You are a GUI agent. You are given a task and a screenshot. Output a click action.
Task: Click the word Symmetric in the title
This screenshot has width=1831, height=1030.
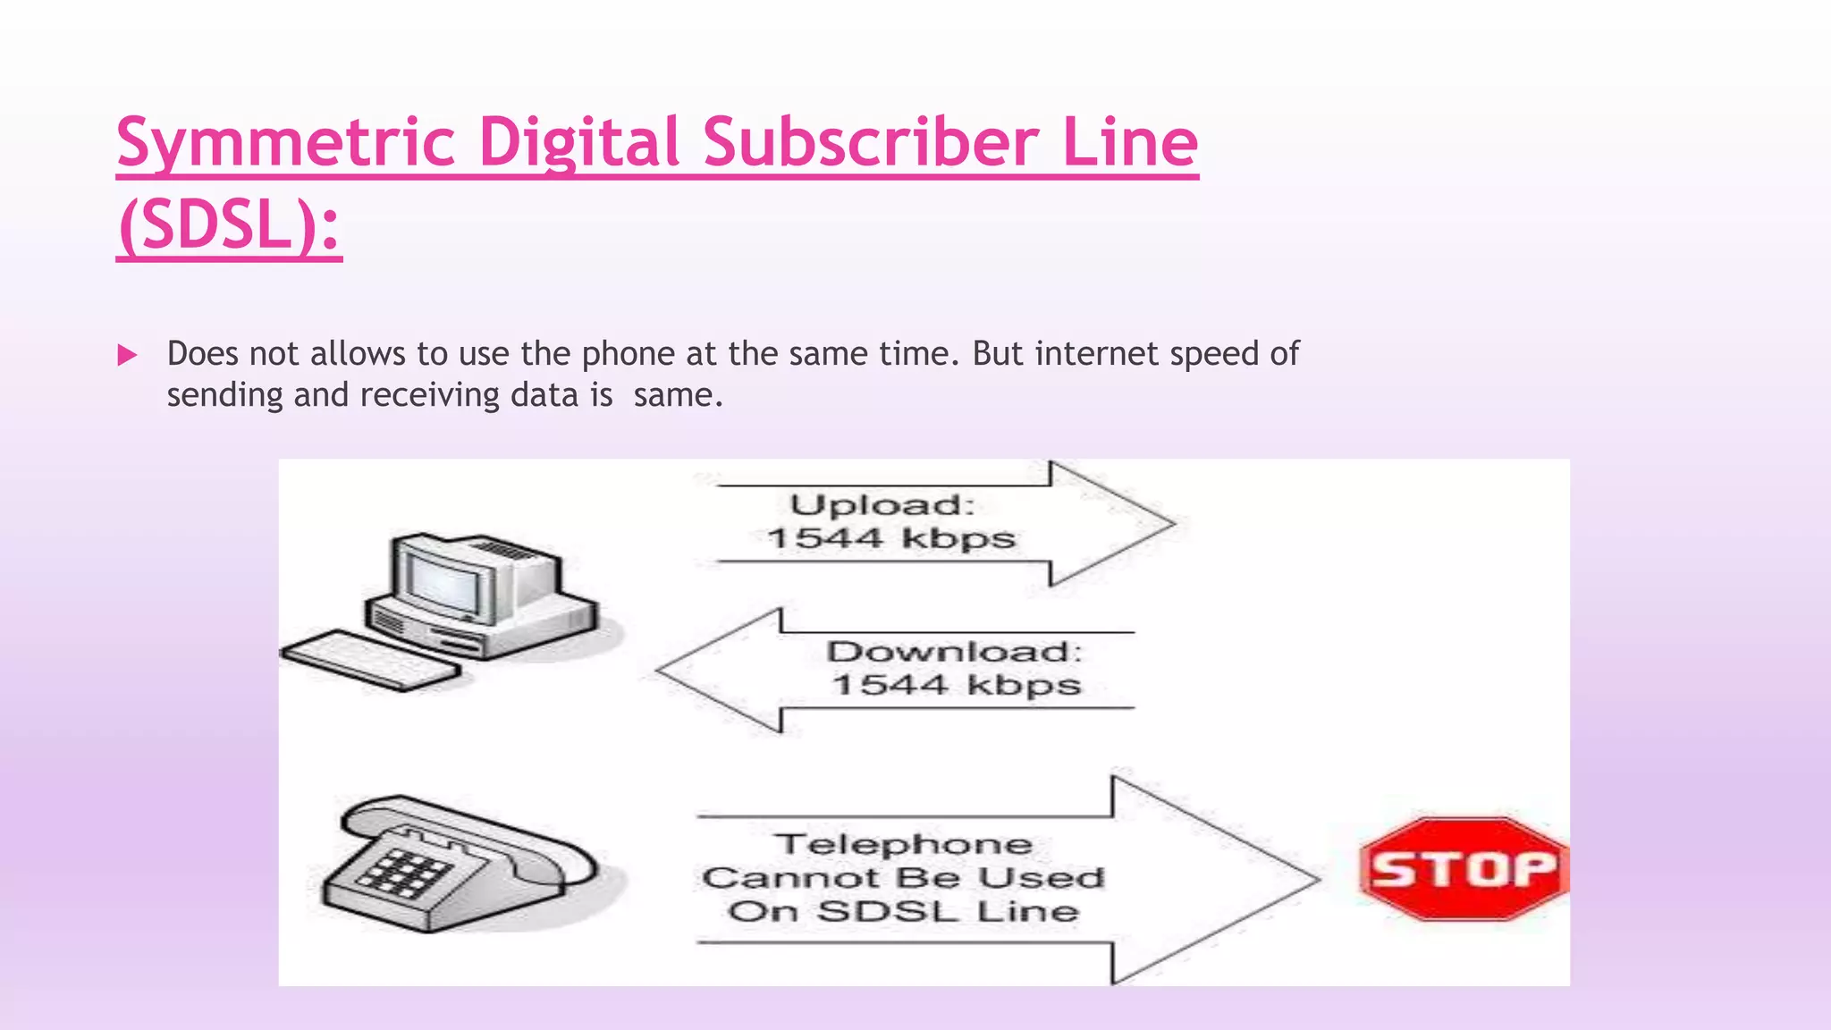click(286, 143)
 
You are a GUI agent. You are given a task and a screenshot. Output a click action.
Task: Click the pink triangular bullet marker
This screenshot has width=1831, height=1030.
click(128, 356)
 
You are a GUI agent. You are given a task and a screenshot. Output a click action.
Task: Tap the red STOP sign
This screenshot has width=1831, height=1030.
click(1464, 869)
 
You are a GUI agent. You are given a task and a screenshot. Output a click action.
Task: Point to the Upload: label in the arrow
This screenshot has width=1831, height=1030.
click(882, 505)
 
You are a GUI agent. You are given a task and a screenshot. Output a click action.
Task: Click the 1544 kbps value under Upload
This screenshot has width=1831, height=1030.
click(891, 539)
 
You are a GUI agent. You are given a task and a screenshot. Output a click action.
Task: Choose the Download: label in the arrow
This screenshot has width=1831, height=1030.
click(954, 652)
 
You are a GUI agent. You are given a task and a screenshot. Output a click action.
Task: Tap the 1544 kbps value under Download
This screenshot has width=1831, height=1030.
click(956, 686)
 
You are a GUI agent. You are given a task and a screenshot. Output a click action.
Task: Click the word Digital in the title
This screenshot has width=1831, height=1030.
click(579, 143)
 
